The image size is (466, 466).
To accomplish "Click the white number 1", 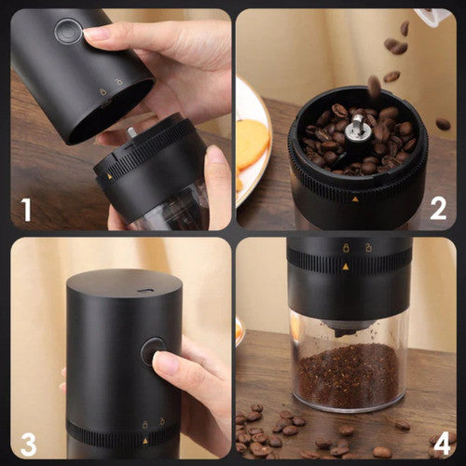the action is [27, 211].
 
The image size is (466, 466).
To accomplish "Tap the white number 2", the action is [438, 209].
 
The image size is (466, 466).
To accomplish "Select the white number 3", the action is [28, 445].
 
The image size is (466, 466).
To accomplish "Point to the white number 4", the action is [442, 444].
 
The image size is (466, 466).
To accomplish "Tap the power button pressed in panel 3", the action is [153, 350].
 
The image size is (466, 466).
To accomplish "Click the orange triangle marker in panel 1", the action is [109, 177].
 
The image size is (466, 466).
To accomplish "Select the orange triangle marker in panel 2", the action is [355, 199].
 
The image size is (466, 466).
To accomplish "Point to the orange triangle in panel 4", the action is [346, 267].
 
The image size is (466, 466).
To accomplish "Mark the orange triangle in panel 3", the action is [145, 441].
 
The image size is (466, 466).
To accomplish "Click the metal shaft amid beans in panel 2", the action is [357, 129].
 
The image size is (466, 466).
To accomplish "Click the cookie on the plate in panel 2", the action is [253, 144].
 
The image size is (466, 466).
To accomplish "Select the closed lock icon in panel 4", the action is [346, 248].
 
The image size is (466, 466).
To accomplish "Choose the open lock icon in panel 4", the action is [368, 247].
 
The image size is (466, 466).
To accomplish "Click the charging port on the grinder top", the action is [145, 291].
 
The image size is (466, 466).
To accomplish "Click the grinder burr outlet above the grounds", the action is [348, 328].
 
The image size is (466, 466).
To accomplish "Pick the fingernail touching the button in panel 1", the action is [94, 34].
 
